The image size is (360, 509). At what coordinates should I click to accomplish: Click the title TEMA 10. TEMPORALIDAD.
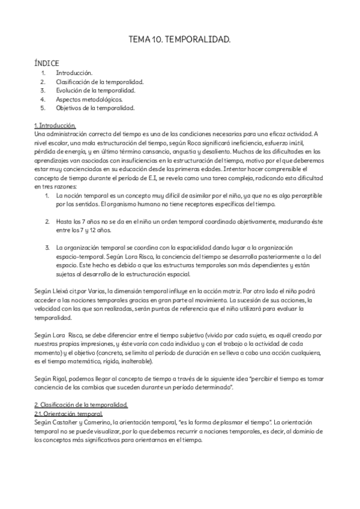(179, 39)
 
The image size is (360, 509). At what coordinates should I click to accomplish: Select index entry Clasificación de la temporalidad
(100, 81)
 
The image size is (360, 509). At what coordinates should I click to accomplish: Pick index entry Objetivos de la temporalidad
(95, 108)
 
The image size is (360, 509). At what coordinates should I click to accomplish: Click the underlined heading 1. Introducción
(55, 125)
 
